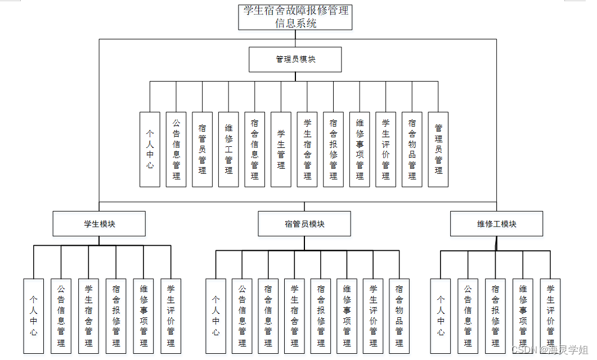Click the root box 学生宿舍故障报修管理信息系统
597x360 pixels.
click(x=295, y=17)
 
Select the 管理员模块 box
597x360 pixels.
click(x=295, y=59)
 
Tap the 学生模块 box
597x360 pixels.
click(x=99, y=223)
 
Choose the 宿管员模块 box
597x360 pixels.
click(x=304, y=223)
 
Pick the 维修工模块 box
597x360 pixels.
click(x=497, y=223)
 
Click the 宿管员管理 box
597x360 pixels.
click(x=203, y=149)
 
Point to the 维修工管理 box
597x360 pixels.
click(x=228, y=149)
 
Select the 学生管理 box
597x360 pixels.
click(x=281, y=149)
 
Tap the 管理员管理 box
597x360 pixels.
click(x=438, y=149)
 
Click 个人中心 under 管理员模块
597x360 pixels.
click(x=150, y=149)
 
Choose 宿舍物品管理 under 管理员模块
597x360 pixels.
click(x=412, y=149)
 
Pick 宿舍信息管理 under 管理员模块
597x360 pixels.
click(x=255, y=149)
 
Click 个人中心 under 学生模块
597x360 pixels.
click(x=34, y=316)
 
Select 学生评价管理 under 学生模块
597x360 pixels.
click(x=171, y=316)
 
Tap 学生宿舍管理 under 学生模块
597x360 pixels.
click(x=88, y=316)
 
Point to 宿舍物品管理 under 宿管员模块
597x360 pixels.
click(x=399, y=316)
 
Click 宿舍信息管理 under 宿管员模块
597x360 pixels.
click(x=268, y=316)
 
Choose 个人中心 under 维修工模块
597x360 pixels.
click(x=441, y=316)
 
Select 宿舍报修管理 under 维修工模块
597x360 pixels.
click(x=495, y=316)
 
